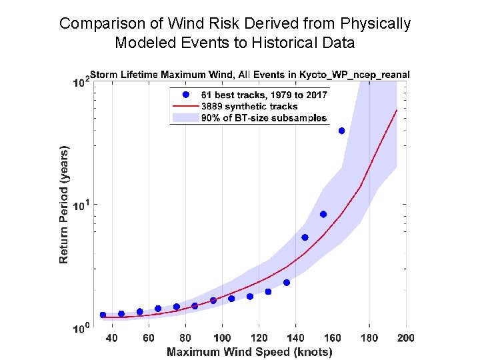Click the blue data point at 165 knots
tap(342, 131)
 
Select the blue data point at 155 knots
tap(323, 214)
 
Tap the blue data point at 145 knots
tap(305, 237)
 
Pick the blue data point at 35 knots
tap(103, 315)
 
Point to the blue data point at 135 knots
tap(287, 283)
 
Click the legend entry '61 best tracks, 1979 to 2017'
tap(264, 95)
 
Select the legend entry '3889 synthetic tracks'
tap(249, 106)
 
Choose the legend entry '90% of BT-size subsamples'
tap(264, 118)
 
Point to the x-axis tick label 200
tap(405, 338)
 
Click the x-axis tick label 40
tap(112, 338)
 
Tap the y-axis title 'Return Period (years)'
tap(65, 204)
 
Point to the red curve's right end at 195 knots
tap(397, 110)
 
